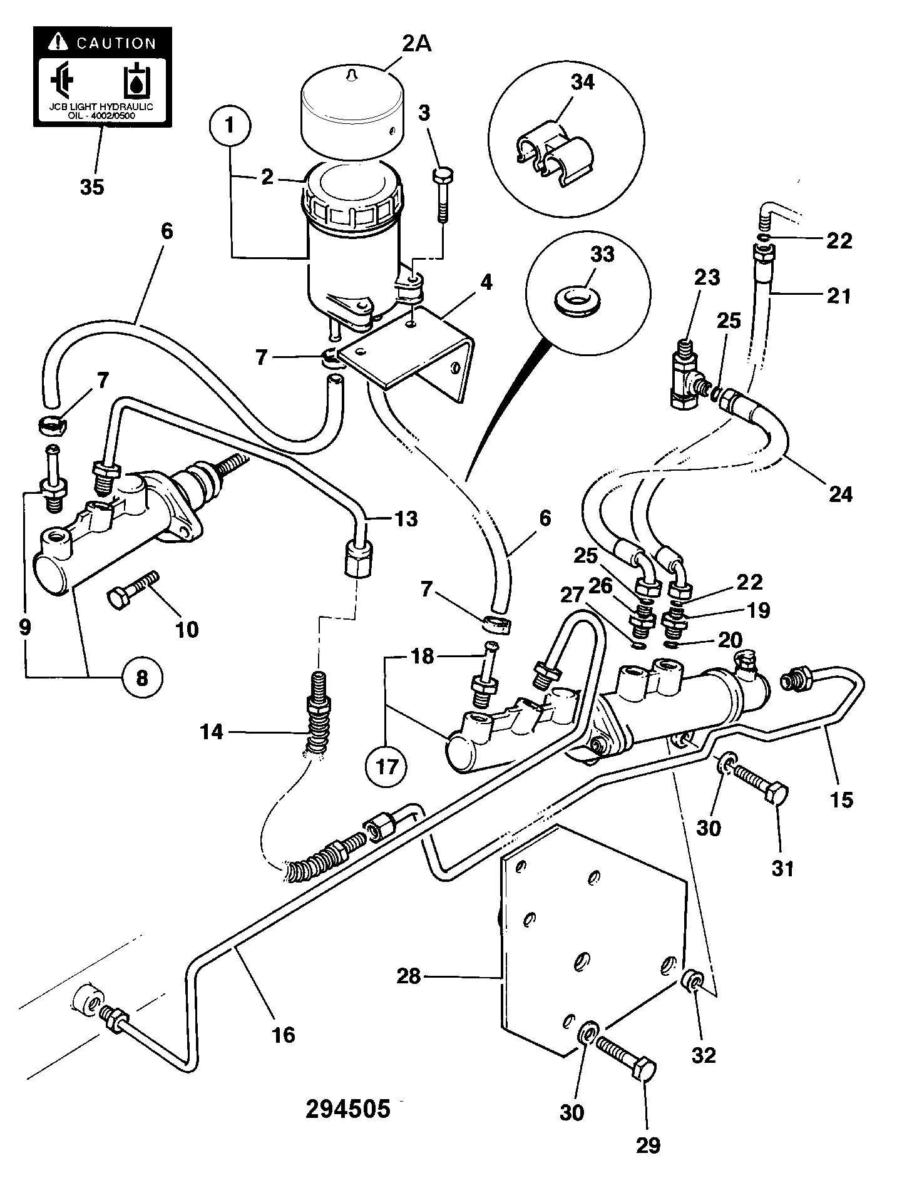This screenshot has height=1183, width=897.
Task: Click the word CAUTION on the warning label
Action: click(x=116, y=43)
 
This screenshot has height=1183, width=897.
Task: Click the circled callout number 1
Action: click(x=229, y=125)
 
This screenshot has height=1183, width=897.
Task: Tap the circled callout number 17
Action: click(x=387, y=766)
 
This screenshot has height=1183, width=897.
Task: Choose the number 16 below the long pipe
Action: click(x=283, y=1035)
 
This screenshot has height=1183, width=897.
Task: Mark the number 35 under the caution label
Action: click(x=92, y=187)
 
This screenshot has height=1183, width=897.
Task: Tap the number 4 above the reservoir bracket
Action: click(x=486, y=282)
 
